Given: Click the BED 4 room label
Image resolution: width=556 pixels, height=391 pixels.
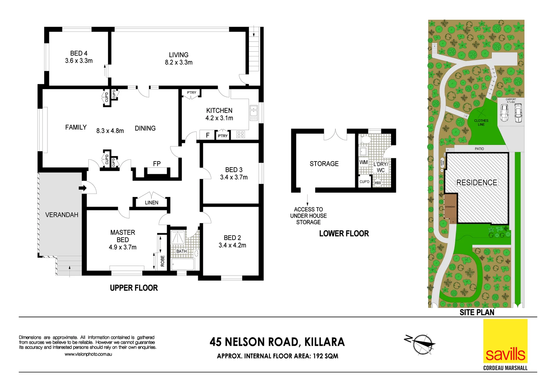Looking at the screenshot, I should (79, 53).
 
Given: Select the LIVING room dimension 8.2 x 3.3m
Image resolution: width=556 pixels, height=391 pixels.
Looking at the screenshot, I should (179, 62).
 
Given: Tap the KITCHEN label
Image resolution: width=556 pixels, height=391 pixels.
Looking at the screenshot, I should (219, 110).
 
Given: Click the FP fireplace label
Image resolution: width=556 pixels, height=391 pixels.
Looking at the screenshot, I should (156, 164).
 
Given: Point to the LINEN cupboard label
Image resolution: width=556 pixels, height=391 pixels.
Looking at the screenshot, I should (151, 203).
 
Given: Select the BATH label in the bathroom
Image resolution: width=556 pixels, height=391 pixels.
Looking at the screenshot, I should (181, 251).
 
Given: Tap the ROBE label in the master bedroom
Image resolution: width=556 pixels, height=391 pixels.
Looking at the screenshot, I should (163, 261).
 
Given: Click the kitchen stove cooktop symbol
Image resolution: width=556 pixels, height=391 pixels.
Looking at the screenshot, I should (241, 135).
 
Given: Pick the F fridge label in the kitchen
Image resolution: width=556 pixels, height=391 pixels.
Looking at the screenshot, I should (208, 135).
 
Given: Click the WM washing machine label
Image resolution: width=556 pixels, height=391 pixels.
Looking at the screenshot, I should (363, 162).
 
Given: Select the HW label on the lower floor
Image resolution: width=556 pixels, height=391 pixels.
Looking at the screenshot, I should (378, 183).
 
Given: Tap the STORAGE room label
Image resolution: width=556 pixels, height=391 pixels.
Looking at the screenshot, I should (324, 164).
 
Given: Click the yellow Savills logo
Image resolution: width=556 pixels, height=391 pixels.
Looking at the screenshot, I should (505, 341).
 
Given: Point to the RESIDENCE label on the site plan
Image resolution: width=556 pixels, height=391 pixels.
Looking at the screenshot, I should (476, 182).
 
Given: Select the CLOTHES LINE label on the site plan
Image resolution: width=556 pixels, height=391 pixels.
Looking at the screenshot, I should (481, 122).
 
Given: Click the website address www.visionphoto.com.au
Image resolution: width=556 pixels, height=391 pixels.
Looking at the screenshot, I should (88, 354).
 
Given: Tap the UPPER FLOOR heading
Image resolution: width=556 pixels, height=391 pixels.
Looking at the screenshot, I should (134, 288).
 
